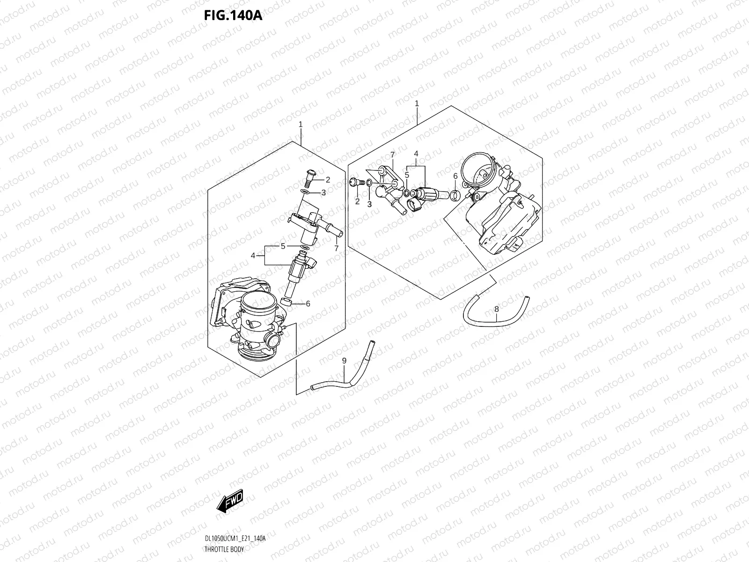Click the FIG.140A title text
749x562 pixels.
[x=233, y=15]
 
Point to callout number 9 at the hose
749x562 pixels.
[x=344, y=361]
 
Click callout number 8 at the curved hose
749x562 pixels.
[x=496, y=309]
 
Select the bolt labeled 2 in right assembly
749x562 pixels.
[x=354, y=183]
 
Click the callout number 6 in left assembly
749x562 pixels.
[x=308, y=303]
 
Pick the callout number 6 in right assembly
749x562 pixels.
[x=455, y=177]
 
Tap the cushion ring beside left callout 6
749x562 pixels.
[x=286, y=302]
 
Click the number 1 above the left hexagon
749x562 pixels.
[x=301, y=125]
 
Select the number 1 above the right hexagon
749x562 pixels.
[x=417, y=103]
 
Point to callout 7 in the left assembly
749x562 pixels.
[x=336, y=248]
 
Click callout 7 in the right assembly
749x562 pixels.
[x=392, y=155]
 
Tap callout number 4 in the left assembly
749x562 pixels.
[x=253, y=256]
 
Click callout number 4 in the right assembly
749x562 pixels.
[x=416, y=154]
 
